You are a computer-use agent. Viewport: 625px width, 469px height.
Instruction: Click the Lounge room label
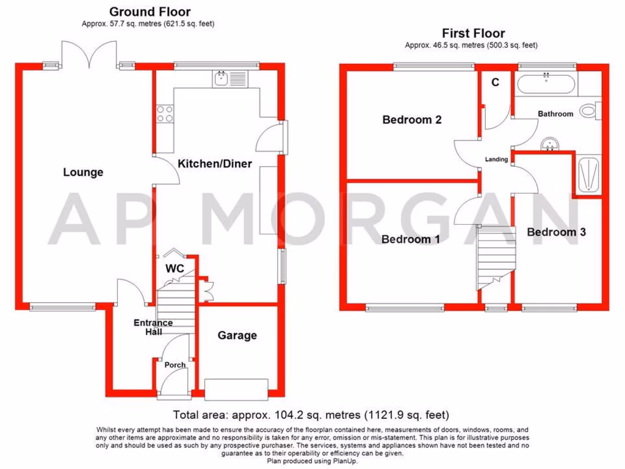click(x=84, y=173)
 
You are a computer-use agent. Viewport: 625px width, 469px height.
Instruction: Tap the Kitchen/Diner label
click(x=214, y=164)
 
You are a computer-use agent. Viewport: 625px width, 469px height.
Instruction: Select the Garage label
click(x=237, y=335)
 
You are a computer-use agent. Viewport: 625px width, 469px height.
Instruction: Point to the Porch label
click(x=176, y=365)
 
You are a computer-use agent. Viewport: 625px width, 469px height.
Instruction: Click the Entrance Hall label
click(x=153, y=327)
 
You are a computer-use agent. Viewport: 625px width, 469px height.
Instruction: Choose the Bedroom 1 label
click(x=410, y=239)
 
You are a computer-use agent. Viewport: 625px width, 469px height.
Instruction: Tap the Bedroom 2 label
click(x=411, y=120)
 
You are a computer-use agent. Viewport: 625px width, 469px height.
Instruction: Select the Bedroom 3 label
click(x=557, y=232)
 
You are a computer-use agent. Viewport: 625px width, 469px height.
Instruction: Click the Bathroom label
click(x=555, y=114)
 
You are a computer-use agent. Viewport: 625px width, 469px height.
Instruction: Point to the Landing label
click(x=496, y=159)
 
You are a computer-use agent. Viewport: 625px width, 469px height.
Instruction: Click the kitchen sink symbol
click(x=221, y=78)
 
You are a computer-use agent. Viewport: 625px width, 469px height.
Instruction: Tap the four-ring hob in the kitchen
click(x=165, y=115)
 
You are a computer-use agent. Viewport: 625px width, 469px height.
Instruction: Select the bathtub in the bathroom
click(x=546, y=83)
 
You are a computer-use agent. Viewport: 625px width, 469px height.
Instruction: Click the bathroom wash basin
click(x=551, y=144)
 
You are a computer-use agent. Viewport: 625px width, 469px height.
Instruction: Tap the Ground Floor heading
click(x=150, y=12)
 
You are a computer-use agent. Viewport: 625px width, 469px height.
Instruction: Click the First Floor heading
click(x=473, y=34)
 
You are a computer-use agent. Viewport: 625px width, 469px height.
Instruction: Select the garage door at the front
click(x=236, y=388)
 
